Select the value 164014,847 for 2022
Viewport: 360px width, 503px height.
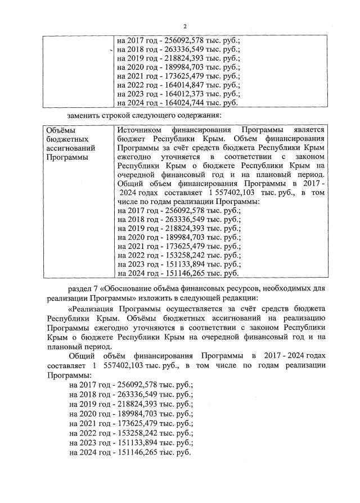pyautogui.click(x=175, y=85)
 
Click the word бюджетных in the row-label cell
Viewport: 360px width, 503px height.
pyautogui.click(x=62, y=138)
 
